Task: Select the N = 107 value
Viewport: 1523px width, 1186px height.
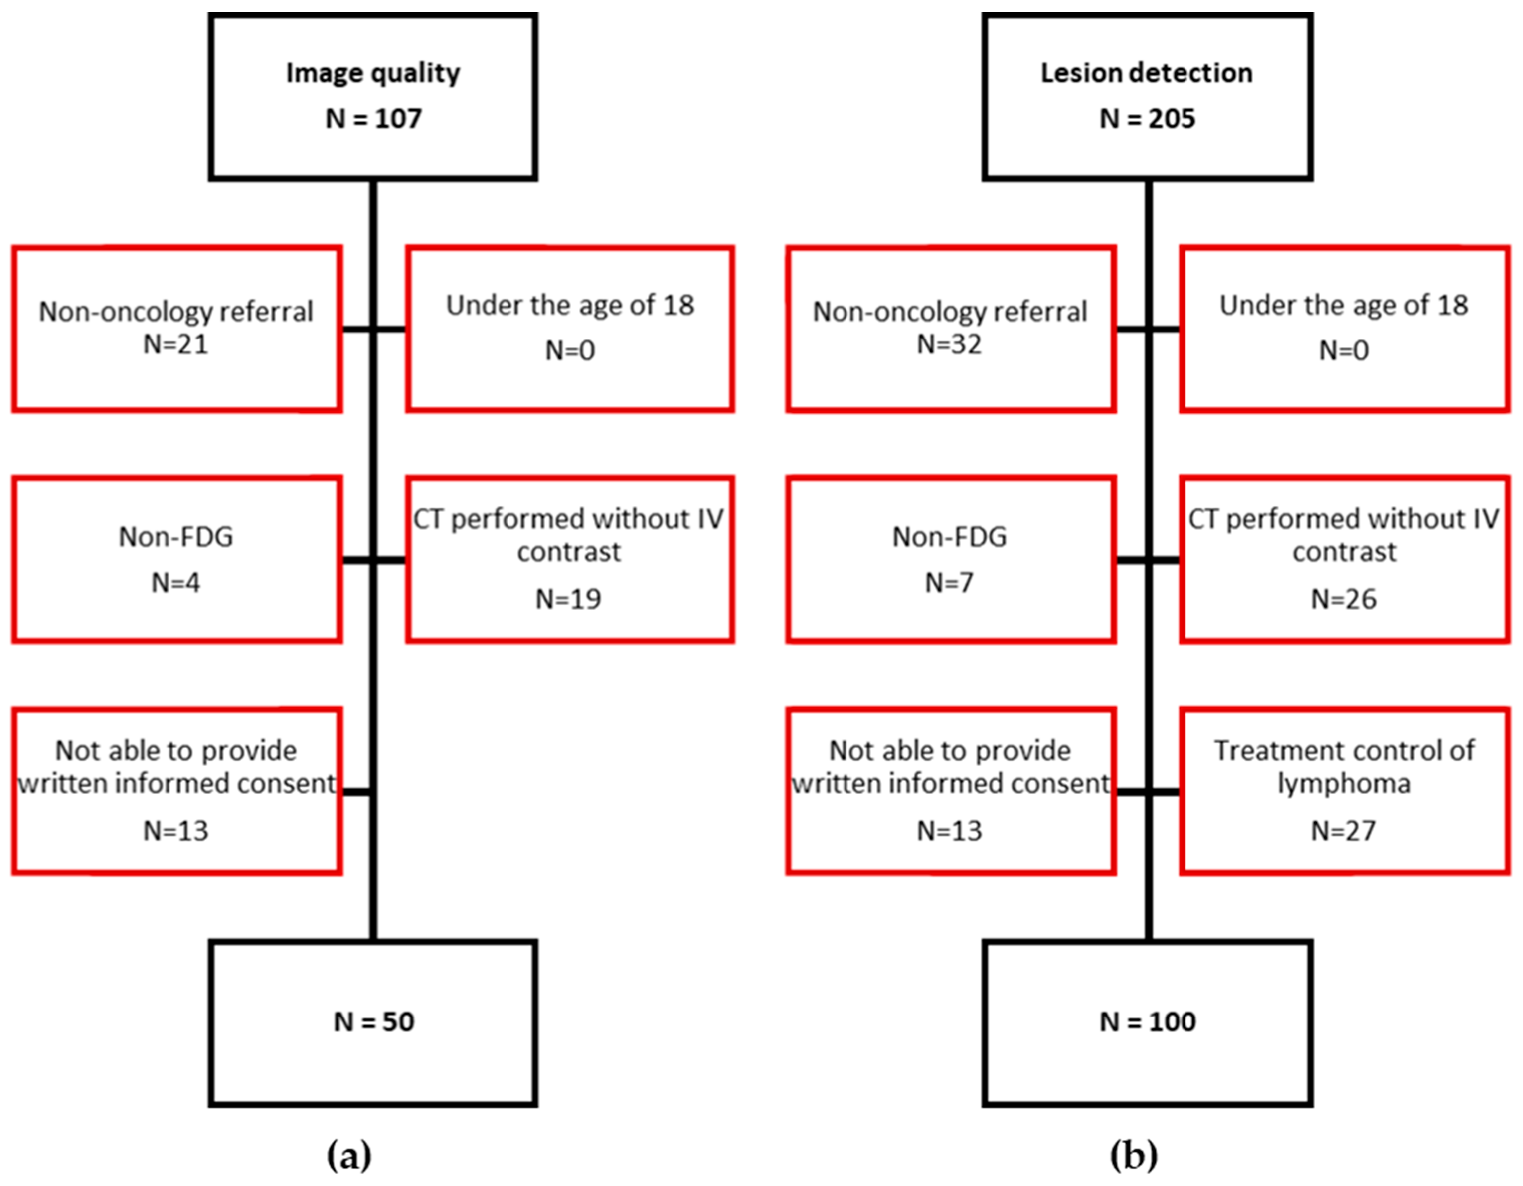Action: click(x=373, y=119)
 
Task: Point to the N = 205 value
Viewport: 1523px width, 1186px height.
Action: click(x=1147, y=119)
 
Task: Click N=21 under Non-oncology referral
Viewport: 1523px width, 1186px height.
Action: click(x=175, y=344)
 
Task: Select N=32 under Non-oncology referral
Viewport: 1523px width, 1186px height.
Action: click(x=949, y=344)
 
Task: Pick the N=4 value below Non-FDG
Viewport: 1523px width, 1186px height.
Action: click(x=175, y=582)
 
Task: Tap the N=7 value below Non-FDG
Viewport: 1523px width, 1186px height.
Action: click(x=949, y=582)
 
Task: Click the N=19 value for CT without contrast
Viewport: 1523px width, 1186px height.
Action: click(x=568, y=599)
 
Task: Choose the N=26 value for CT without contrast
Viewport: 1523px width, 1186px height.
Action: click(x=1344, y=599)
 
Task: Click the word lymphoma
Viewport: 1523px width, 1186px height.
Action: click(x=1344, y=784)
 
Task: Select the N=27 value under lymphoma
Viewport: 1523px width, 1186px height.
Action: click(x=1344, y=831)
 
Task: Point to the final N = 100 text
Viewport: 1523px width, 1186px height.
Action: click(x=1147, y=1022)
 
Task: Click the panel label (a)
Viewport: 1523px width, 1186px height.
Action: click(x=348, y=1155)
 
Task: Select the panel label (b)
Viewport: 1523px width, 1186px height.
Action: click(x=1133, y=1155)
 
